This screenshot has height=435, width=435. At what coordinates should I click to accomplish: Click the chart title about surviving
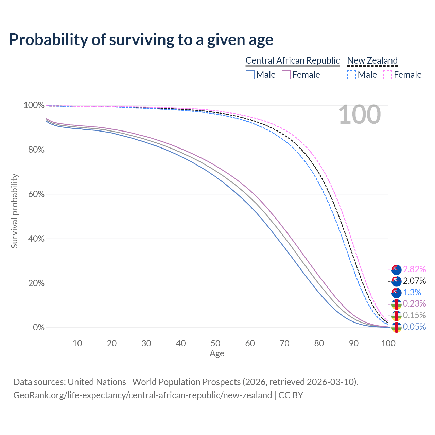coord(141,40)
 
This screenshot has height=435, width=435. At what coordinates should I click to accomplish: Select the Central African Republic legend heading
coord(293,60)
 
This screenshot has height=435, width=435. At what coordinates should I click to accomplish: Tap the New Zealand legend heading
coord(372,60)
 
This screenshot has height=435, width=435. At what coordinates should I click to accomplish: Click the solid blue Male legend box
coord(250,75)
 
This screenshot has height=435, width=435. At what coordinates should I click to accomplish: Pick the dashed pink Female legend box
coord(388,75)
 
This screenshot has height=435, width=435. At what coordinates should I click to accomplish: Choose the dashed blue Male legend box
coord(351,75)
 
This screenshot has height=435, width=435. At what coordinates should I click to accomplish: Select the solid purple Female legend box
coord(286,75)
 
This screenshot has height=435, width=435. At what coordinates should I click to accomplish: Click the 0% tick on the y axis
coord(38,328)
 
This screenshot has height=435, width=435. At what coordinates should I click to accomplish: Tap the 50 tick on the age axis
coord(215,343)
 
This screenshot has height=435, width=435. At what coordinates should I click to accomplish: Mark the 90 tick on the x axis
coord(354,343)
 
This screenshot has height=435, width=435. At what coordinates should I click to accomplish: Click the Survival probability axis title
coord(14,211)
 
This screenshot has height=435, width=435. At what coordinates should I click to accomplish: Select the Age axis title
coord(217,354)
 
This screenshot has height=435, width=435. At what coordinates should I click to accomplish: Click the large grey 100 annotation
coord(360,115)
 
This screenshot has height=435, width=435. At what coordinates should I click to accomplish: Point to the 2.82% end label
coord(414,269)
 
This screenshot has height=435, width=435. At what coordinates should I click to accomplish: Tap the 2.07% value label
coord(414,281)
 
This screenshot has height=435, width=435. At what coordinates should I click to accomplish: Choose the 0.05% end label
coord(414,327)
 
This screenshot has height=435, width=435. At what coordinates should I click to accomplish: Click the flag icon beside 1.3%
coord(396,293)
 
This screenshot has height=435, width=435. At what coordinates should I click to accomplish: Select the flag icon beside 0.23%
coord(396,304)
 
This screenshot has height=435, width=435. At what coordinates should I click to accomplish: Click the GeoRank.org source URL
coord(142,395)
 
